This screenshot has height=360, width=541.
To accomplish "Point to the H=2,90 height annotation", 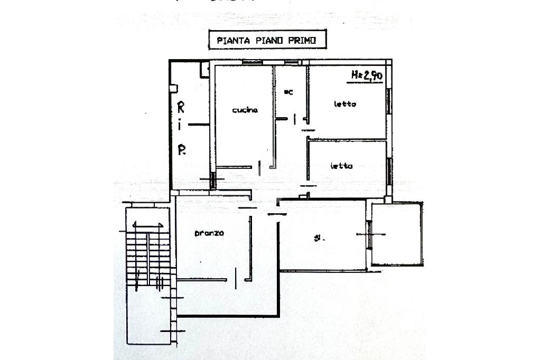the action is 367,76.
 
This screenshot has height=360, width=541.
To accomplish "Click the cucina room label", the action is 245,110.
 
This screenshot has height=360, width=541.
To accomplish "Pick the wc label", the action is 288,92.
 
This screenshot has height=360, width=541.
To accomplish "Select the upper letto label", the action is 344,103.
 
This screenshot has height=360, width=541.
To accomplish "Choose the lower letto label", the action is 341,166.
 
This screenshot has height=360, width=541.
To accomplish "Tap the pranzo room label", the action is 209,233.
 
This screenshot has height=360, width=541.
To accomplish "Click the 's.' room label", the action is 319,238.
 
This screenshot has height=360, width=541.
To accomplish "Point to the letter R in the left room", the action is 181,108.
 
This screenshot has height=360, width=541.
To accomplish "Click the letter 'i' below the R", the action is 180,126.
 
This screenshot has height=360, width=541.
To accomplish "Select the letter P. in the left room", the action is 181,150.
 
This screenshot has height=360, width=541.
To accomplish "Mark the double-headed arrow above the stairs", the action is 147,225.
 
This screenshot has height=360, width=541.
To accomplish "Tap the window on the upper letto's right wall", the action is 389,100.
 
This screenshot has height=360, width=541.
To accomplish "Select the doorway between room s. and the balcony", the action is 369,233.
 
